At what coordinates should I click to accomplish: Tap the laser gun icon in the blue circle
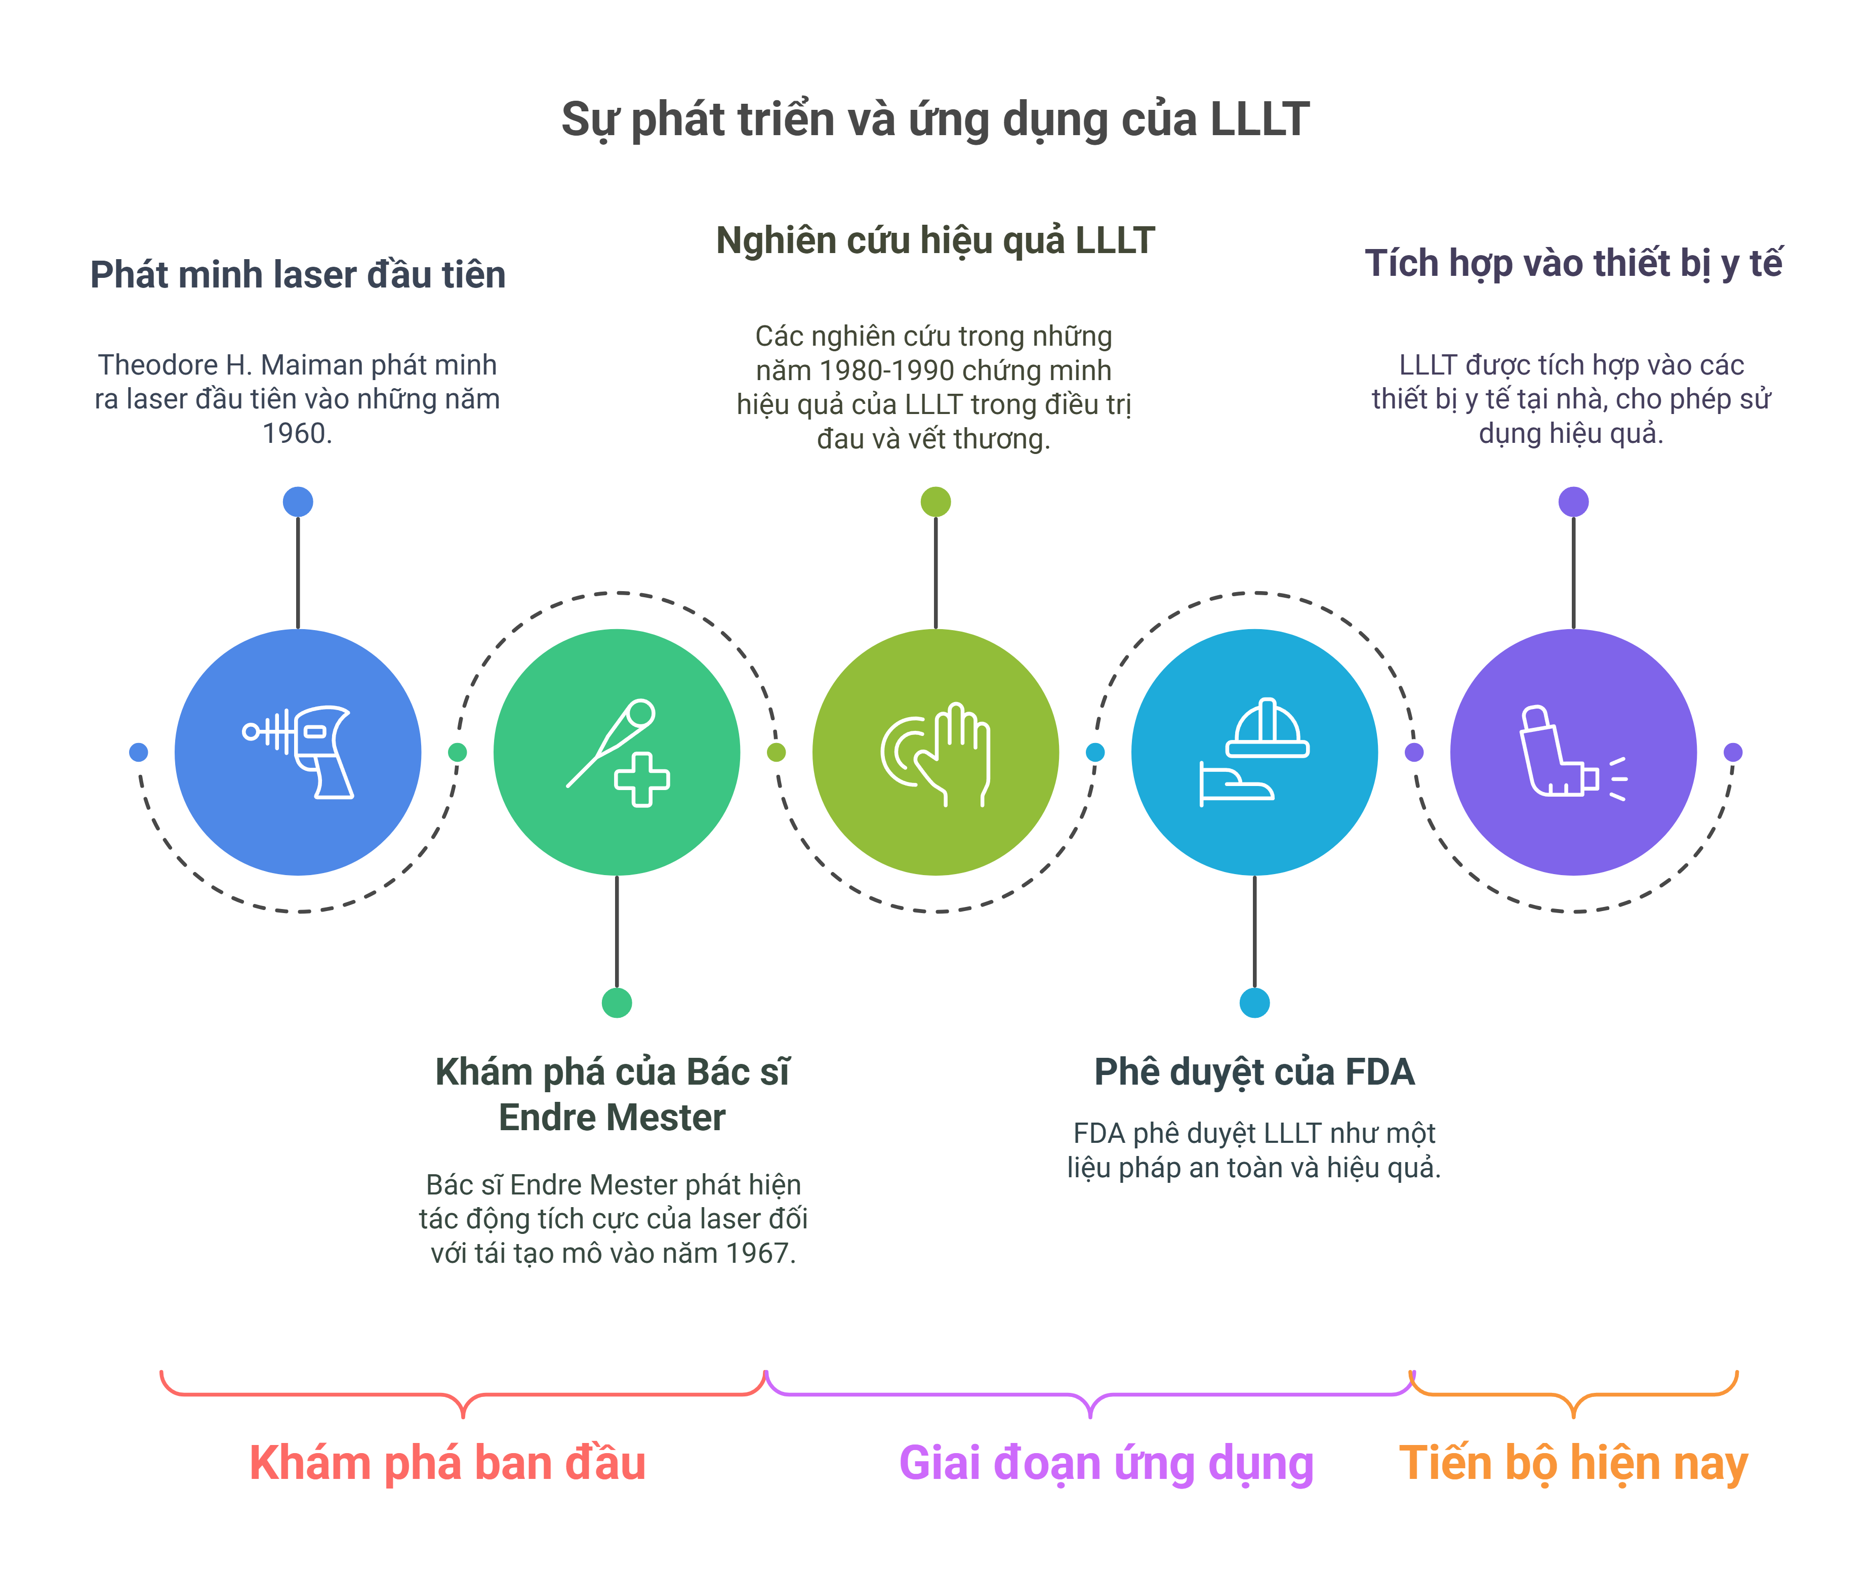299,752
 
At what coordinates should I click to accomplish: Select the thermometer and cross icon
617,752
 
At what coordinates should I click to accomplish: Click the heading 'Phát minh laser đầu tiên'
298,274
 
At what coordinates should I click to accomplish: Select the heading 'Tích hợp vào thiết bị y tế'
1573,264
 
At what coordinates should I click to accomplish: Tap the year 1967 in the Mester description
759,1253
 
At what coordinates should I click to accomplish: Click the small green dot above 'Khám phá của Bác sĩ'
617,1003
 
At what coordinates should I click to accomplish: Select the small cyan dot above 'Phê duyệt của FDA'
1254,1003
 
